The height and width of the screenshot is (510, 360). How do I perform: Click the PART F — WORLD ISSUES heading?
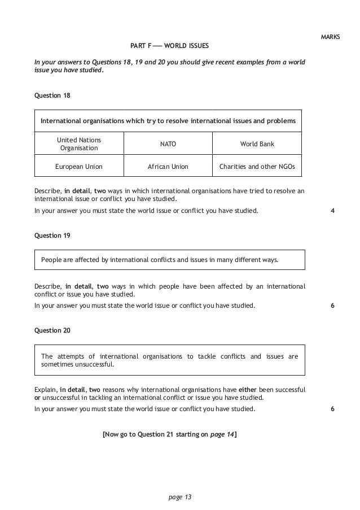coord(172,45)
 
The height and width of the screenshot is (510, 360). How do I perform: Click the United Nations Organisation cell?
coord(79,144)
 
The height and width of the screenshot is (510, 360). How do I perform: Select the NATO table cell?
coord(168,144)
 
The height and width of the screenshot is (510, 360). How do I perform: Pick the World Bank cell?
coord(257,144)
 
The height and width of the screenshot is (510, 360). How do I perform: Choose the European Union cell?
coord(79,167)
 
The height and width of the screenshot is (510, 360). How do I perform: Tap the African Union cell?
coord(168,167)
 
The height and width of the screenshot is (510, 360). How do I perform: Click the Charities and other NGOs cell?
coord(257,167)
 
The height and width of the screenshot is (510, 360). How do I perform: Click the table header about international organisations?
coord(168,121)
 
